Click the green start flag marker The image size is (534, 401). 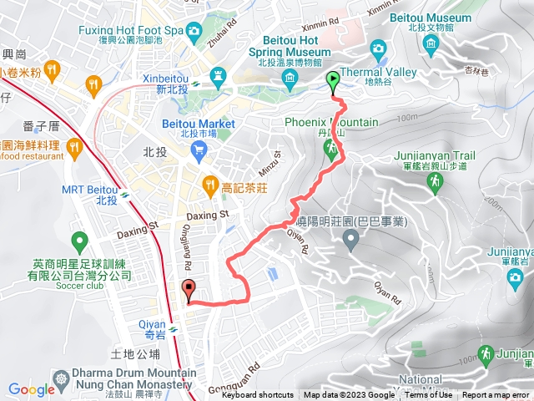(333, 81)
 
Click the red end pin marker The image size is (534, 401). (188, 292)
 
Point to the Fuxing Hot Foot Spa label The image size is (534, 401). (130, 31)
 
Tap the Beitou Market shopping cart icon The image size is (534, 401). (199, 150)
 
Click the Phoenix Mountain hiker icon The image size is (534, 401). (331, 149)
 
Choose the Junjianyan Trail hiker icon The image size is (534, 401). (433, 183)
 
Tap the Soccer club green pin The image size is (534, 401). (80, 243)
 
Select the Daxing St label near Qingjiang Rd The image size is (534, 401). (207, 216)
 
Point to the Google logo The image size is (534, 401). (31, 389)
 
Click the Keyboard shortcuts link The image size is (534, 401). (257, 395)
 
